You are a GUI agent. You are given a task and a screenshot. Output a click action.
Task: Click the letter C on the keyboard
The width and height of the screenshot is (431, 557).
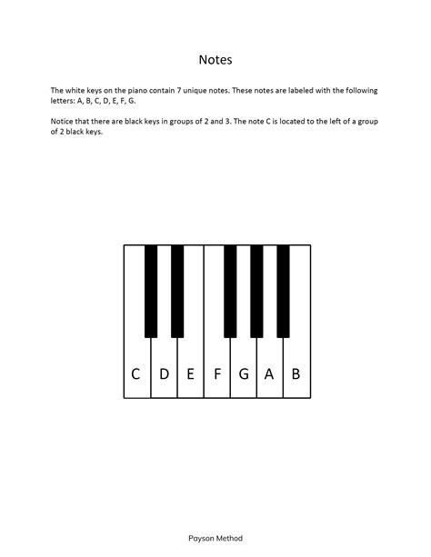135,373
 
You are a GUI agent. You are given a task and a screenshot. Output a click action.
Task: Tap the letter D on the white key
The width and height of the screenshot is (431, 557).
164,373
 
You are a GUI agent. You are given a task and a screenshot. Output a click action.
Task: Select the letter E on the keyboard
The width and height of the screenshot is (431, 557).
190,373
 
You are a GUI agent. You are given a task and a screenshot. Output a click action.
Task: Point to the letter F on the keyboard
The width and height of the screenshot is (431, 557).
216,373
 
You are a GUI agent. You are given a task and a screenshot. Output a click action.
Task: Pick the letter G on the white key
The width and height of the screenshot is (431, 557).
243,373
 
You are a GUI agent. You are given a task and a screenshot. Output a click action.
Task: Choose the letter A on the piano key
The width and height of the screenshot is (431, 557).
269,373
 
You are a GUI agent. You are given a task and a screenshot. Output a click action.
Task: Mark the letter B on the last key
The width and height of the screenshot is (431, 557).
296,373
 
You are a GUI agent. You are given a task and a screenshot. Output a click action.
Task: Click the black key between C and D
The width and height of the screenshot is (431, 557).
151,291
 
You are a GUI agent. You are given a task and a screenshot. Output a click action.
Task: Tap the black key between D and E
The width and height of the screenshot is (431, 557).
177,291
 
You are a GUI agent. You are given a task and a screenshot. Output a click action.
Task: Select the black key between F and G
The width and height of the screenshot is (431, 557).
230,291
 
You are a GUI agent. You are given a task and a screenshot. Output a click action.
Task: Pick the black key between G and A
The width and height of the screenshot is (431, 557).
256,291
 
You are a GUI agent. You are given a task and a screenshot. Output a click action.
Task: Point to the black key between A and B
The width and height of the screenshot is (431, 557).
283,291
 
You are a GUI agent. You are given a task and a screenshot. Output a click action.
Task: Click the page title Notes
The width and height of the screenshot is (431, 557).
215,61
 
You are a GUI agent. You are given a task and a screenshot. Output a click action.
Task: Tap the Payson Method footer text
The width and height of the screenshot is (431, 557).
215,538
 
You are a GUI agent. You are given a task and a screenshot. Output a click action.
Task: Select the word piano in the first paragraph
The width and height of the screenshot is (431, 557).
134,91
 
